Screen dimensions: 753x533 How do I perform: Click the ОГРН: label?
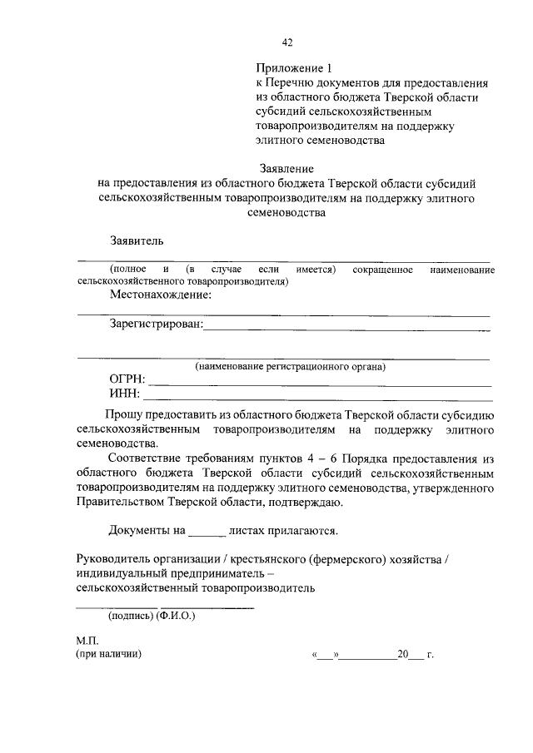[127, 380]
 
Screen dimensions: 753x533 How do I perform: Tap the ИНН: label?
[125, 394]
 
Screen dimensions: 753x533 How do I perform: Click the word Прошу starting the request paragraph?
[122, 415]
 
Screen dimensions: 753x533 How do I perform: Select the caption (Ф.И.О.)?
[176, 617]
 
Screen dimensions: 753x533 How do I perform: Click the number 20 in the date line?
[404, 655]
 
